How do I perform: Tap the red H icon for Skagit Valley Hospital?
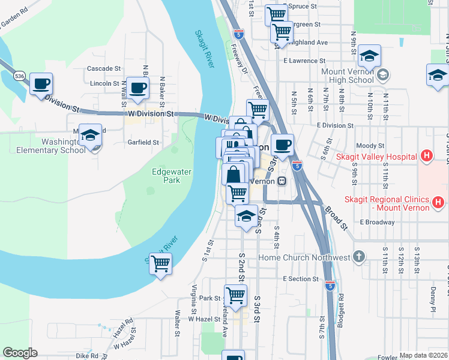tap(426, 157)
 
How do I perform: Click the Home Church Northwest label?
tap(304, 257)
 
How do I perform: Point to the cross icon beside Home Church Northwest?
tap(359, 257)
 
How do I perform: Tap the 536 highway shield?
tap(20, 76)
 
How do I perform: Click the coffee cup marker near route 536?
tap(41, 84)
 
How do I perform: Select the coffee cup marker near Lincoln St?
tap(138, 88)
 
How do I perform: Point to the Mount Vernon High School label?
tap(348, 76)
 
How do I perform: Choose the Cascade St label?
tap(104, 69)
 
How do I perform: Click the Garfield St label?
tap(143, 143)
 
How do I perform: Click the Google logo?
tap(20, 353)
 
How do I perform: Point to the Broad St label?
tap(336, 218)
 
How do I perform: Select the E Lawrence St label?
tap(304, 61)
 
